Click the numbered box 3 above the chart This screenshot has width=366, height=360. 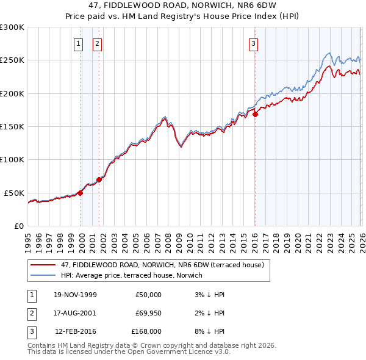click(x=253, y=43)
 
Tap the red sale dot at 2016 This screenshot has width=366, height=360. click(x=256, y=114)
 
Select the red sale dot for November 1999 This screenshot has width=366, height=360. click(x=80, y=192)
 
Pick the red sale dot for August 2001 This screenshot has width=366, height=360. click(x=99, y=179)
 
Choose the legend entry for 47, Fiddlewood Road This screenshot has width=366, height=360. click(x=162, y=265)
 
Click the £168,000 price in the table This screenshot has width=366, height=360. click(x=146, y=332)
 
